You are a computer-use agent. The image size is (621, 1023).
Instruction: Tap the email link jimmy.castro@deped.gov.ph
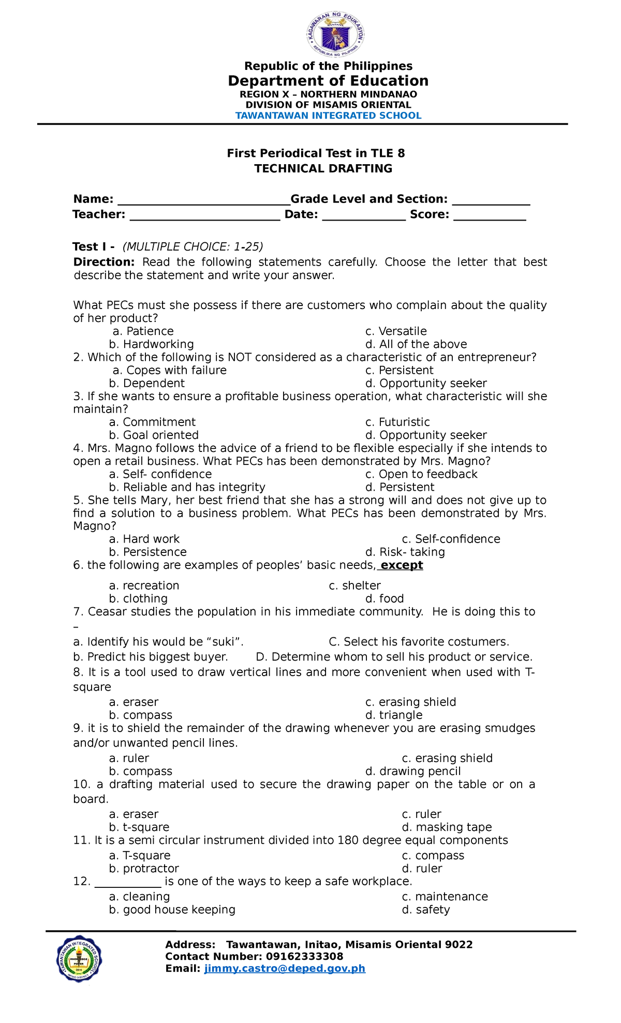(x=285, y=969)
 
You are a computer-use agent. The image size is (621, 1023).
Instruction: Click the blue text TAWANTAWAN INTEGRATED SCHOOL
(x=328, y=115)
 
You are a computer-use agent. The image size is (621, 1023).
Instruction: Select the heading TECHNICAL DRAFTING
(x=323, y=169)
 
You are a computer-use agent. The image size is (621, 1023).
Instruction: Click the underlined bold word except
(x=402, y=565)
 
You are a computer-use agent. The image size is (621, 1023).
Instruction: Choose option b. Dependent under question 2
(x=146, y=384)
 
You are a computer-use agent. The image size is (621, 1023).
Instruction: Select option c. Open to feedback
(x=421, y=474)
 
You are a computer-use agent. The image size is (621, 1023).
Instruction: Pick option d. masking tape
(x=446, y=827)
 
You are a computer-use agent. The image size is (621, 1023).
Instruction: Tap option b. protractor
(x=144, y=868)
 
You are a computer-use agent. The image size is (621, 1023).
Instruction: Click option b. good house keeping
(x=172, y=910)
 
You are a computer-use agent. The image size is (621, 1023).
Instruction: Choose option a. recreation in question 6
(x=144, y=586)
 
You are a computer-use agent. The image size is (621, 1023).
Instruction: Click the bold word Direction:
(x=104, y=262)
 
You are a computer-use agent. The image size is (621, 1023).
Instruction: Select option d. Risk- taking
(x=405, y=552)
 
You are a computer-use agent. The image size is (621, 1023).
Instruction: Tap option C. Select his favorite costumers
(x=419, y=642)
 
